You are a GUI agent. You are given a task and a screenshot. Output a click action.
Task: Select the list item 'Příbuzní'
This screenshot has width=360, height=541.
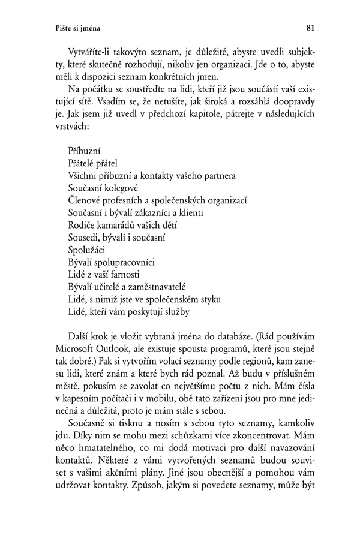85,151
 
